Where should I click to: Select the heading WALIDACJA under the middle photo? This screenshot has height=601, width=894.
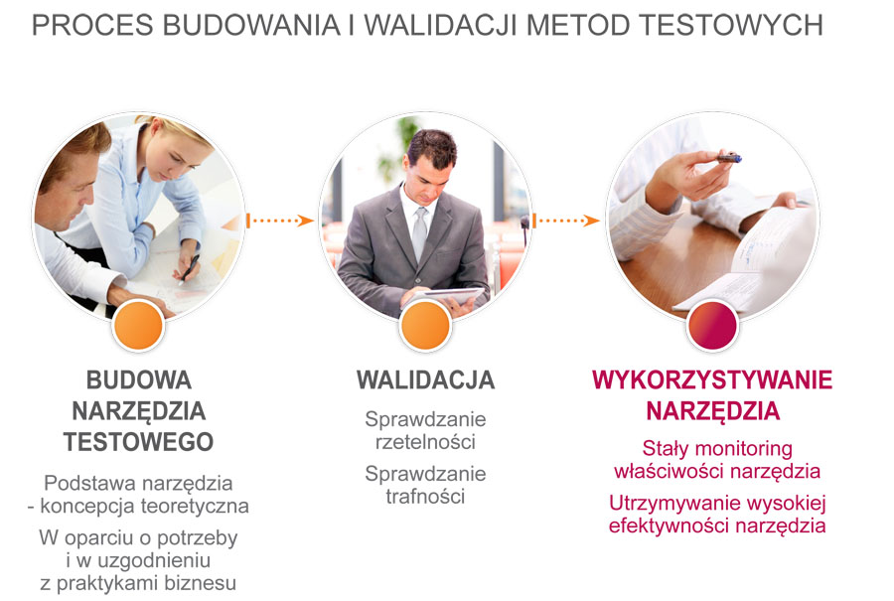(x=425, y=380)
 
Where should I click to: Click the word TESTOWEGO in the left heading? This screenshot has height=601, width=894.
(x=138, y=441)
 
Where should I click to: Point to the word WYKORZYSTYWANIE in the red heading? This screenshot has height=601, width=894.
(x=712, y=380)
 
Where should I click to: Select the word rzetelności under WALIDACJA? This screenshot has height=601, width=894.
(x=425, y=441)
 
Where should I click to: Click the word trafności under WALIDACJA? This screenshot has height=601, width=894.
(x=425, y=496)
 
